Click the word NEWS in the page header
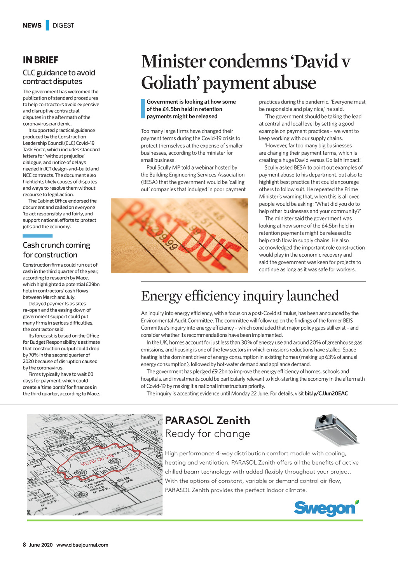(32, 25)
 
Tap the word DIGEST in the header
(63, 25)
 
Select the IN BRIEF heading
(40, 60)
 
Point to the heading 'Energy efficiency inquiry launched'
(240, 296)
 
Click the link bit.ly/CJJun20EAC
(326, 393)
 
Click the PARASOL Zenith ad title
(208, 420)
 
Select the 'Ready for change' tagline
(208, 434)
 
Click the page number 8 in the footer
(24, 545)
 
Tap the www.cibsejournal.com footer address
(82, 545)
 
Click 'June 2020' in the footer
(41, 545)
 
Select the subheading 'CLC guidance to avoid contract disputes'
(59, 77)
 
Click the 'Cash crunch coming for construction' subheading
(56, 250)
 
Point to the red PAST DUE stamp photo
(179, 235)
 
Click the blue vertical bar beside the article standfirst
(143, 109)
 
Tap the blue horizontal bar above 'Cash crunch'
(37, 236)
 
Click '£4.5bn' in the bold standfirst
(172, 109)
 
